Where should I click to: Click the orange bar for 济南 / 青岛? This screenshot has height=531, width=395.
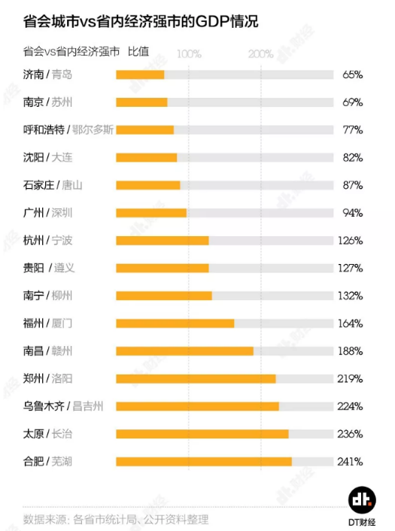point(140,74)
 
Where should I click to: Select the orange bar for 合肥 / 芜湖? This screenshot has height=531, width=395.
point(203,461)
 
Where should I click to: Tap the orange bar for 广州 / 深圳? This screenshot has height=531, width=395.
point(151,213)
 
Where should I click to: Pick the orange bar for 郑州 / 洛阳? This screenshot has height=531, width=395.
point(196,378)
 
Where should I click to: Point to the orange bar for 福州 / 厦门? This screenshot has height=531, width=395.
point(175,323)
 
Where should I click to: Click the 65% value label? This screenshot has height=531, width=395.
point(352,74)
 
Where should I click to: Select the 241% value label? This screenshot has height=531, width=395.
point(351,461)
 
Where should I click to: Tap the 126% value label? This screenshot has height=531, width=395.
point(351,241)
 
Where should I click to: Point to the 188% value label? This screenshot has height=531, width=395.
point(351,351)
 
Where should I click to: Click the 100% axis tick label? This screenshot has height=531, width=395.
point(189,54)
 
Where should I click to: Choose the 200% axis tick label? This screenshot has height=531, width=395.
point(261,54)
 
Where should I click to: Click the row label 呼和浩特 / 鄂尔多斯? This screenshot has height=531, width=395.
point(68,129)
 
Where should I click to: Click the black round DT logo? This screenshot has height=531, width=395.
point(362,499)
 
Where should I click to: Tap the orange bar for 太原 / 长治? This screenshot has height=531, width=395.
point(202,434)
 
